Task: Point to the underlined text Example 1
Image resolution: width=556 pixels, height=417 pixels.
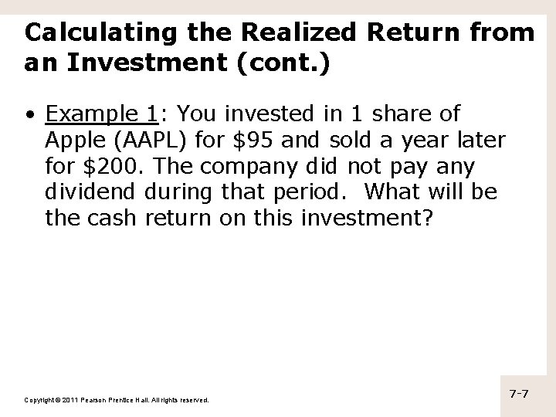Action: tap(101, 114)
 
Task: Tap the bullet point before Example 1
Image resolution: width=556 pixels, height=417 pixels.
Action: tap(29, 116)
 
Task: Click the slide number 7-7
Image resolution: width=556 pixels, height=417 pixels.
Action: tap(519, 395)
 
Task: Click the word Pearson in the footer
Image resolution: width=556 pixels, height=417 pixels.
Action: tap(97, 400)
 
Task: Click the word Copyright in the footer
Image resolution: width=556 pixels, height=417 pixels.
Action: tap(39, 400)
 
